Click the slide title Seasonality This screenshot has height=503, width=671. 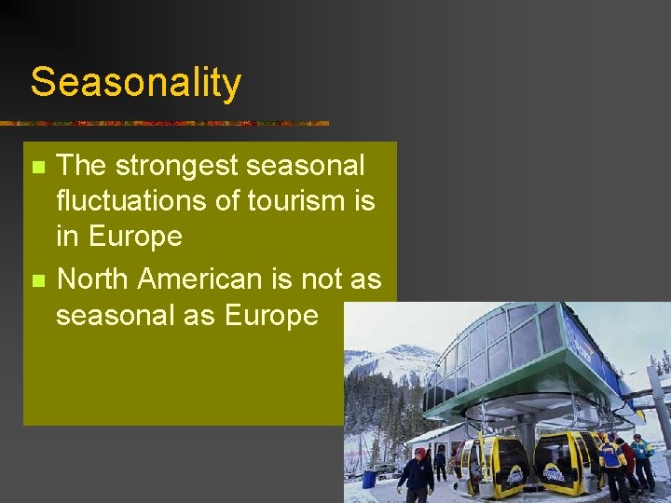(x=136, y=82)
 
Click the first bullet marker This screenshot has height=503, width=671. (x=37, y=169)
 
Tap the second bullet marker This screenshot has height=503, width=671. (x=37, y=280)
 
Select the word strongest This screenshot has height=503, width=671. (x=168, y=167)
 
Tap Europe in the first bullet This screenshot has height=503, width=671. (x=136, y=237)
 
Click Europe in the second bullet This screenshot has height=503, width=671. (x=271, y=316)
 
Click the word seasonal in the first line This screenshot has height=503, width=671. (x=301, y=167)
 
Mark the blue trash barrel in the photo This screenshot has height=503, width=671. (x=369, y=479)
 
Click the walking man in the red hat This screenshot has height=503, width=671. (x=416, y=475)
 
